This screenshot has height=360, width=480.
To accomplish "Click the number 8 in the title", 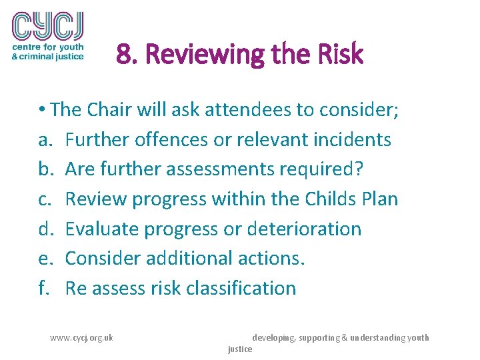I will tap(122, 55).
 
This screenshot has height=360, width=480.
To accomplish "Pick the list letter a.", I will tap(44, 139).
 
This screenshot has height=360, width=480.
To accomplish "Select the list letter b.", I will tap(45, 169).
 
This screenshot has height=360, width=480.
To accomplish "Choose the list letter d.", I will tap(45, 229).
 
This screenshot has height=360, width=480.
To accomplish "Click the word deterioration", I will tap(303, 229).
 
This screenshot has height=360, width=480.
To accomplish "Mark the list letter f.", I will tap(43, 288).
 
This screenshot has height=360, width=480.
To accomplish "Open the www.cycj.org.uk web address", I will tap(81, 337).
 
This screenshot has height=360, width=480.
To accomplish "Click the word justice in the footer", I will tap(240, 349).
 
